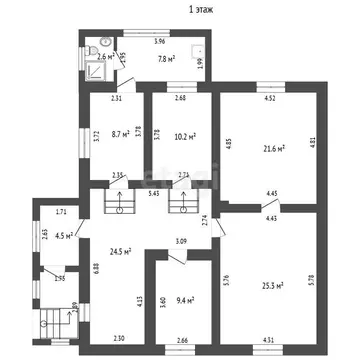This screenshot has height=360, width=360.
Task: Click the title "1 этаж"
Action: click(179, 9)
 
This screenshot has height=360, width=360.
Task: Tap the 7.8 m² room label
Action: click(168, 58)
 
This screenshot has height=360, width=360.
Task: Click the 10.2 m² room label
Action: click(184, 136)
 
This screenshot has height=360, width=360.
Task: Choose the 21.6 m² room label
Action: click(272, 148)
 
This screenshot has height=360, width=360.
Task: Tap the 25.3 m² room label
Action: click(272, 284)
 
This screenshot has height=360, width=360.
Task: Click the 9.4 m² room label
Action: click(183, 298)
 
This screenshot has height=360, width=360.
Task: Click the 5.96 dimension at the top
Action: click(159, 41)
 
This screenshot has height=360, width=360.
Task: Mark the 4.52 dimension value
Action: click(269, 98)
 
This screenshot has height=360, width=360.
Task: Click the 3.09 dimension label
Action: click(181, 241)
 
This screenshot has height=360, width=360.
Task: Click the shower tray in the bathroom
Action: click(94, 47)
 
